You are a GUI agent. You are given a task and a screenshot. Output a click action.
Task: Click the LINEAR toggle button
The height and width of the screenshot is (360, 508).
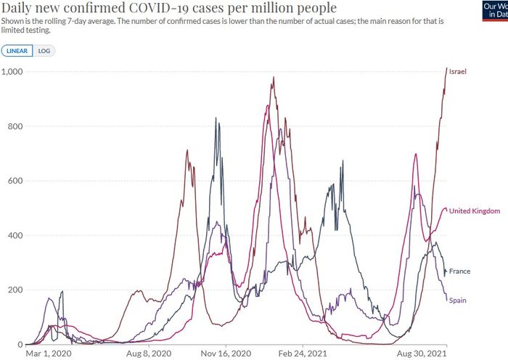click(x=18, y=51)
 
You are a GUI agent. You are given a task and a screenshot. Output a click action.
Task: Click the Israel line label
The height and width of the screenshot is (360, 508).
click(x=457, y=72)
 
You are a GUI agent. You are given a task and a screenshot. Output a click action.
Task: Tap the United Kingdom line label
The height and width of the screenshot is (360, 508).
click(x=475, y=211)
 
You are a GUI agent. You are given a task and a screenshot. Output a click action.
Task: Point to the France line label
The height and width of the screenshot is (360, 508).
click(x=459, y=271)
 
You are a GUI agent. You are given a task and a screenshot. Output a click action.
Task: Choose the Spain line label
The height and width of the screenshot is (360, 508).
click(x=457, y=300)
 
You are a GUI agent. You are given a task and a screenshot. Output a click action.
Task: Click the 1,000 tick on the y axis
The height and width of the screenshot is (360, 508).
click(x=12, y=72)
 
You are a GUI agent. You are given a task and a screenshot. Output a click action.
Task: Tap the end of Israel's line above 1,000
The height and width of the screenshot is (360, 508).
click(x=446, y=68)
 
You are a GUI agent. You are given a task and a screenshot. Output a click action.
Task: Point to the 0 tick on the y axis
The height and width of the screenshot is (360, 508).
click(x=20, y=344)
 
